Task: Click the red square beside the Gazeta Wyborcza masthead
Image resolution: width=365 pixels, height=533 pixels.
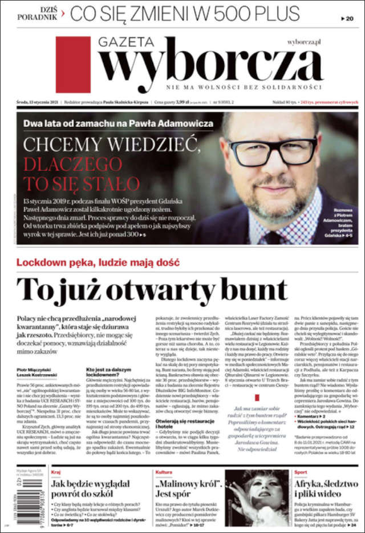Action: pyautogui.click(x=73, y=65)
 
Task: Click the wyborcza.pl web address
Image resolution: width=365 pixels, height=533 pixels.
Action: pyautogui.click(x=304, y=42)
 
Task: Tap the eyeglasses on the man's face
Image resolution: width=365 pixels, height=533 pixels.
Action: pyautogui.click(x=273, y=151)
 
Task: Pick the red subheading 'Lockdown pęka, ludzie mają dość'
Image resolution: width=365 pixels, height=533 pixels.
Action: pyautogui.click(x=98, y=262)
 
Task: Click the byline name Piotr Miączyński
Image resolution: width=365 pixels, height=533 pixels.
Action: pyautogui.click(x=34, y=370)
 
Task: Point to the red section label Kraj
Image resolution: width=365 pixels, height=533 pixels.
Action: pyautogui.click(x=56, y=472)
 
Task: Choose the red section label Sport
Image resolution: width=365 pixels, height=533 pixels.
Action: pyautogui.click(x=301, y=472)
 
